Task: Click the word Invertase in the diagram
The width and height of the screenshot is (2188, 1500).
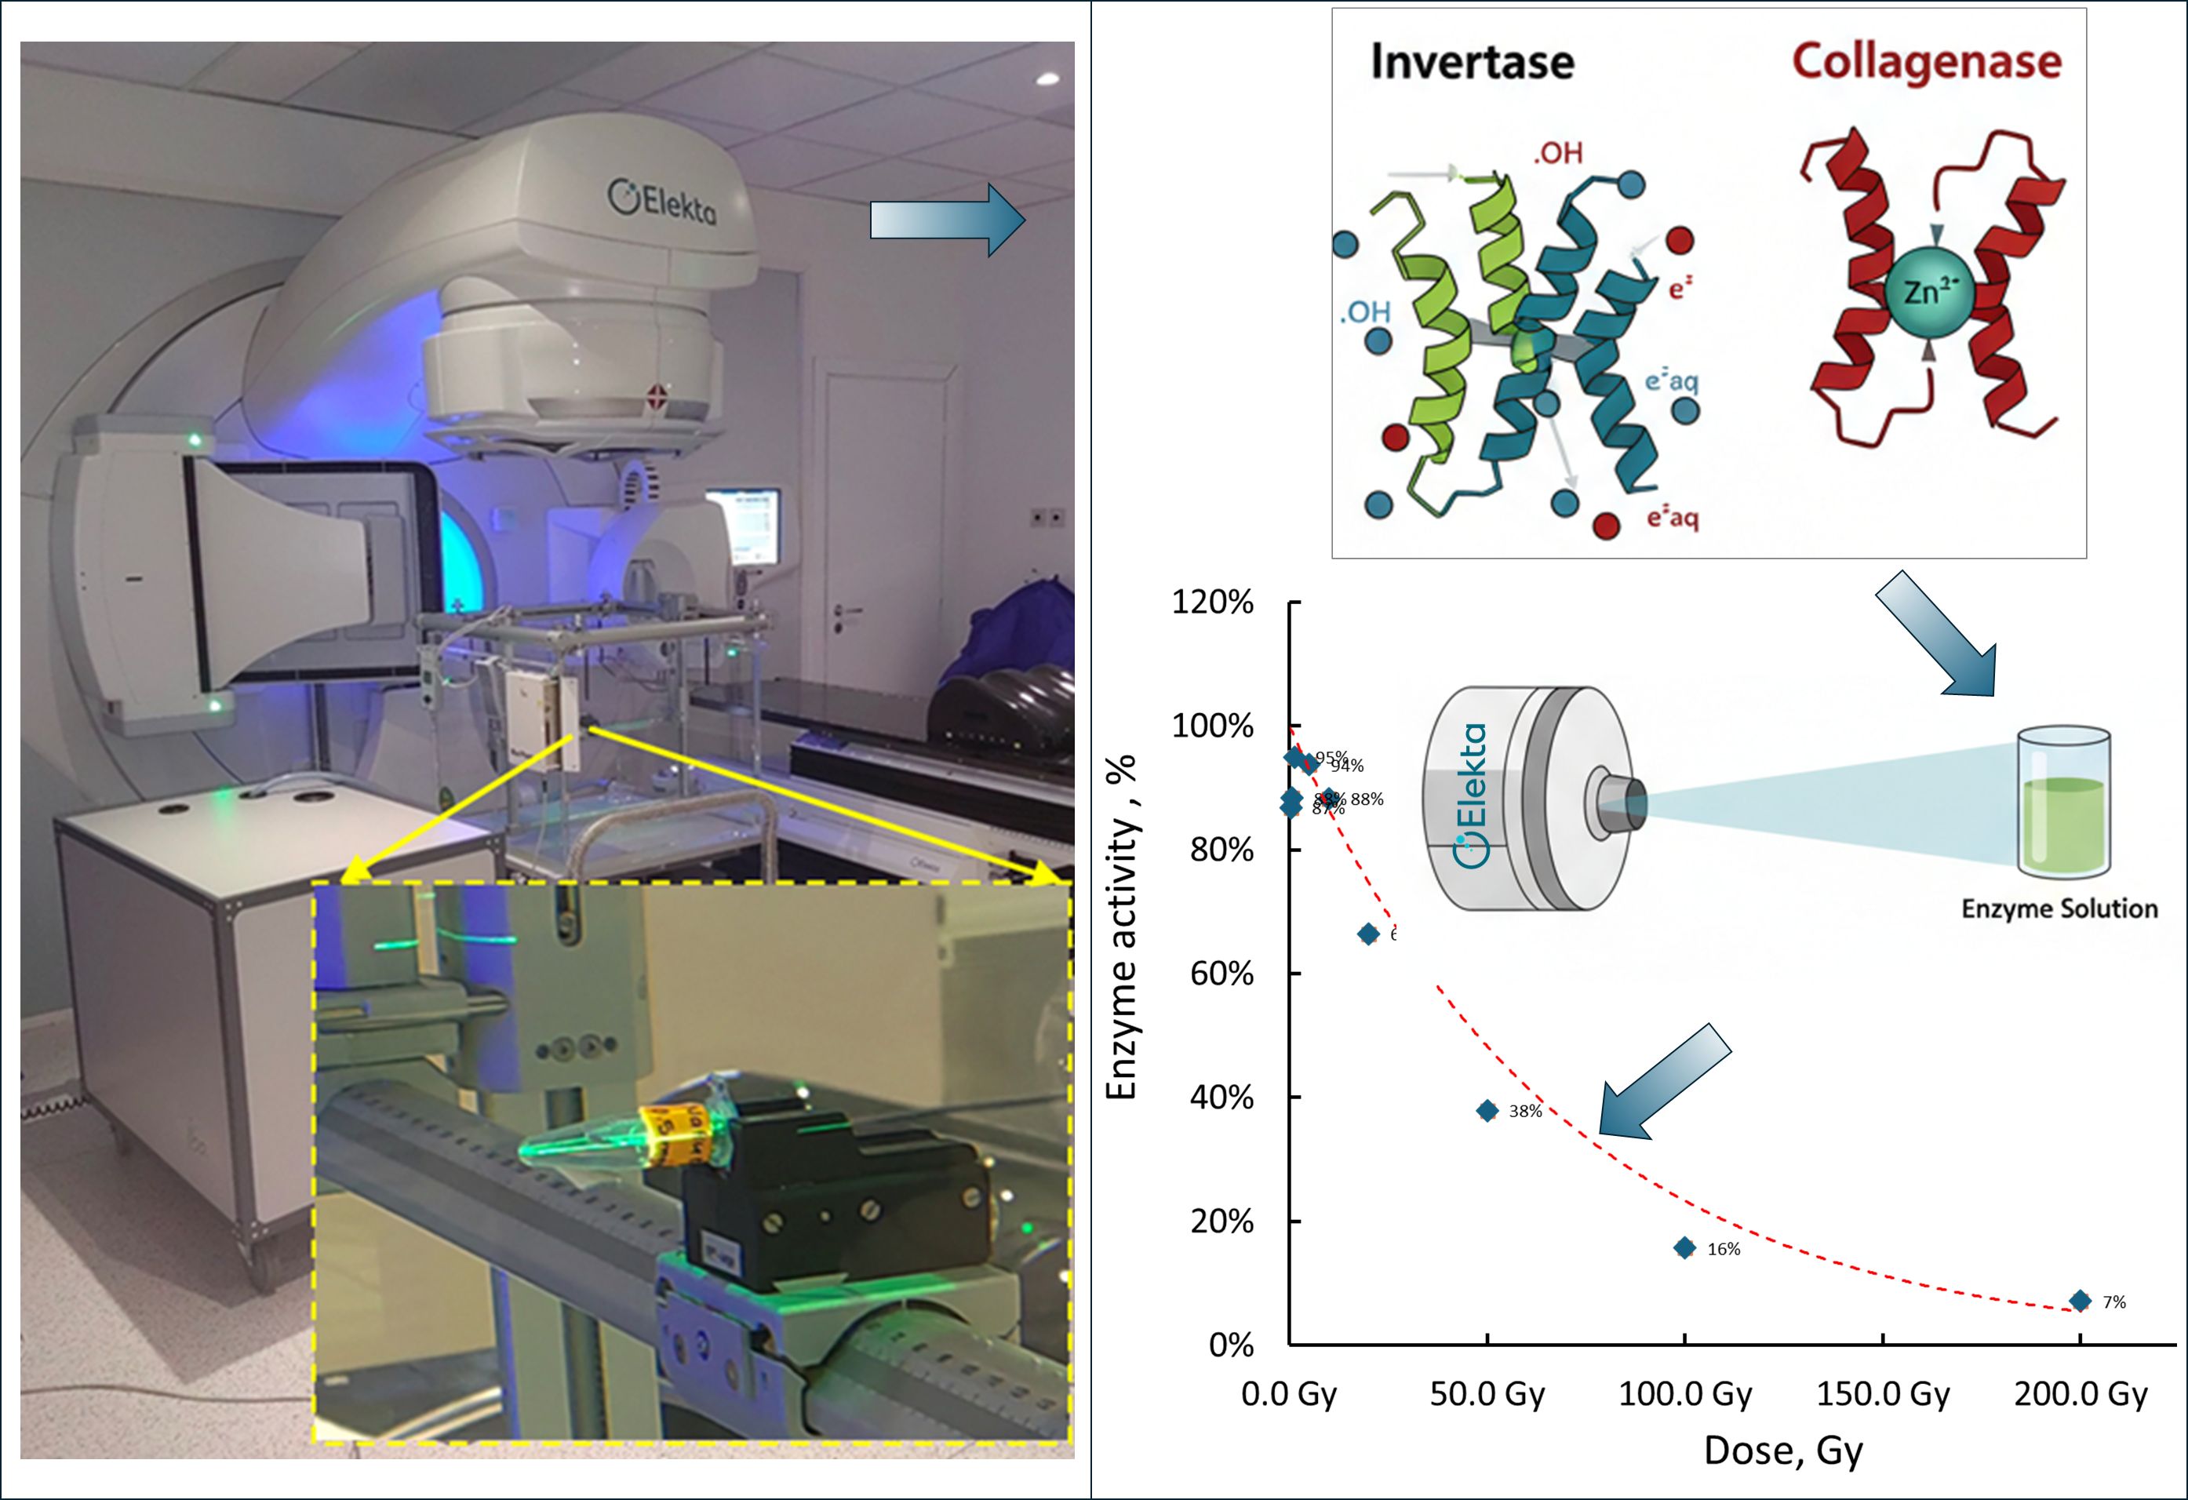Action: (1472, 62)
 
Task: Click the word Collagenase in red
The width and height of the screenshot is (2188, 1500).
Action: (1926, 61)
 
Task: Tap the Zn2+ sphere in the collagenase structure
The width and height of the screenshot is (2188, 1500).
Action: (1926, 293)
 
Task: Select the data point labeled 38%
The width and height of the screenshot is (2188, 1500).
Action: (1487, 1111)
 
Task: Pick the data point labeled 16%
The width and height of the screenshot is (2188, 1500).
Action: (1685, 1249)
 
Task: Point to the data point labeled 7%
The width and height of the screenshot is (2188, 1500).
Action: (2081, 1302)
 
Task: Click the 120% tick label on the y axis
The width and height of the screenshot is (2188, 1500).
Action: (1212, 603)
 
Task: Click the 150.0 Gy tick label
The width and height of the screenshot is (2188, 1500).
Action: (1883, 1393)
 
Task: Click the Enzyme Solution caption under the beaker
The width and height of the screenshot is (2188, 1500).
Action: (2059, 908)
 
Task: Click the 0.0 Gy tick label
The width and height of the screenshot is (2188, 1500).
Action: (1289, 1393)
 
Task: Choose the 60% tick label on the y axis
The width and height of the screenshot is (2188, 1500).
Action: (1221, 974)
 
